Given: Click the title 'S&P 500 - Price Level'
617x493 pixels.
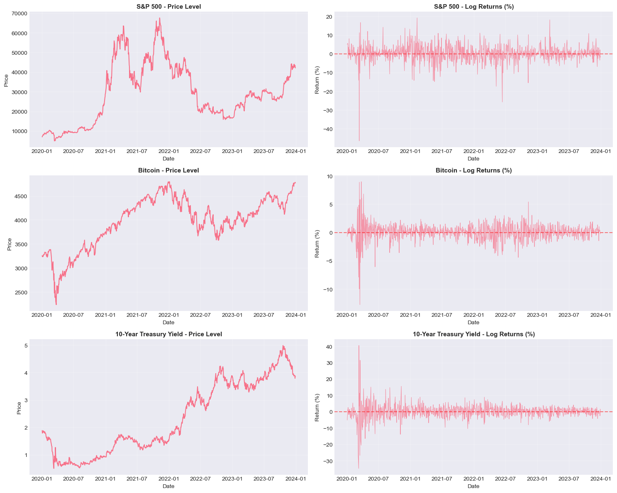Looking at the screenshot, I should point(168,7).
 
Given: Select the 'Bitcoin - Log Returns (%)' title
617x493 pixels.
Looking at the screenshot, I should point(473,170).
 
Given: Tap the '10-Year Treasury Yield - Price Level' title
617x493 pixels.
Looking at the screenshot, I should point(168,334).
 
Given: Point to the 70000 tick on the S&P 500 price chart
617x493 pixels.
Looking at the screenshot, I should point(20,14).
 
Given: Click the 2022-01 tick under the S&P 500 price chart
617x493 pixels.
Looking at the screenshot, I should point(168,152).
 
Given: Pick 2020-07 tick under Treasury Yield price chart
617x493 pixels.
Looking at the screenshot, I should point(74,479).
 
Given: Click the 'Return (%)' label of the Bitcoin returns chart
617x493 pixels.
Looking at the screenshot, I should point(317,243).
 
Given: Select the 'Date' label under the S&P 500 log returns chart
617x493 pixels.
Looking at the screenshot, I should point(473,159).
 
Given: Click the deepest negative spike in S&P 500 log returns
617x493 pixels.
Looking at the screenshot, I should point(359,141).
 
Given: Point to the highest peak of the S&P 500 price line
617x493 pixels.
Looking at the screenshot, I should point(160,18).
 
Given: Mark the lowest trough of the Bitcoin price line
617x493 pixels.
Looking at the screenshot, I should point(56,305).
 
